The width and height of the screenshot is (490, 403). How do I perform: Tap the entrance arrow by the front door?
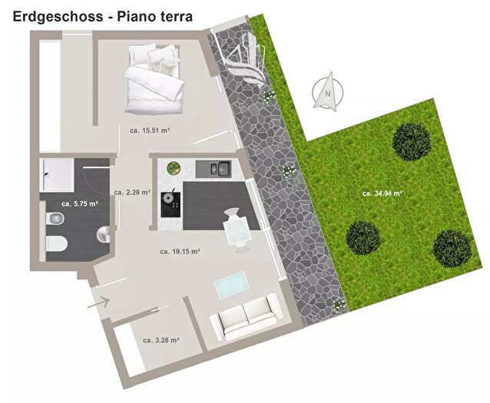tap(98, 302)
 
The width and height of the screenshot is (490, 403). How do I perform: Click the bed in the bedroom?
tap(153, 79)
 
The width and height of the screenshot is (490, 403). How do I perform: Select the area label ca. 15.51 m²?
tap(150, 130)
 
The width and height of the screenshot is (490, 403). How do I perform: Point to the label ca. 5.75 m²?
tap(80, 204)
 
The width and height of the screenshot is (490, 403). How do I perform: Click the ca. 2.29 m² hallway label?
tap(132, 193)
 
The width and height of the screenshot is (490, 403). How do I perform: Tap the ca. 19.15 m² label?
tap(180, 251)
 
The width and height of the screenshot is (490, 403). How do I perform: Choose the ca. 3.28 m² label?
tap(161, 340)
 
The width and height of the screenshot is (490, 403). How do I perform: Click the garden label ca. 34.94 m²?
tap(382, 193)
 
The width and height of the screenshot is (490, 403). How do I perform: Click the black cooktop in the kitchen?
tap(171, 204)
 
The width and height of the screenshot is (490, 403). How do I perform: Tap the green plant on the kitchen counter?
tap(174, 168)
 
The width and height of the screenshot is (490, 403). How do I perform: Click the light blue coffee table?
tap(232, 285)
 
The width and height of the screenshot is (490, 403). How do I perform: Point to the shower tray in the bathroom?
tap(57, 175)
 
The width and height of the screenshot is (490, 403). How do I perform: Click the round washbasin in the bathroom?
tap(104, 234)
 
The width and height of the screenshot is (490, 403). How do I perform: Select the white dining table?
tap(237, 231)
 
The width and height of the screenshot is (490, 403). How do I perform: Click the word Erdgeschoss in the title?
tap(58, 17)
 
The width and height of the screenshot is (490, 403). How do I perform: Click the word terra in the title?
tap(176, 17)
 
